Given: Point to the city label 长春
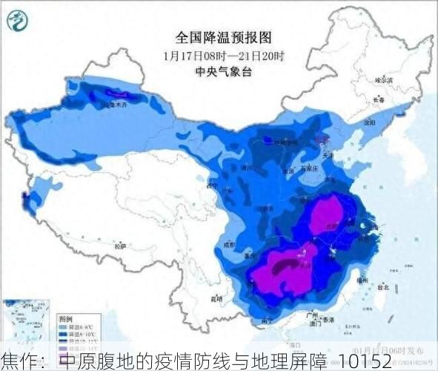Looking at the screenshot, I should coord(379,99).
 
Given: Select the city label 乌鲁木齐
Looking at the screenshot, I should coord(112,105).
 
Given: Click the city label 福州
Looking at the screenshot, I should coord(362,280).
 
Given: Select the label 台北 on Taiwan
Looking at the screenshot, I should coord(383,286).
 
